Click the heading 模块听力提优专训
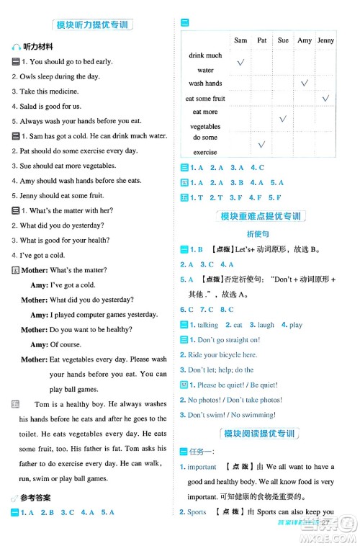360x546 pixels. [x=91, y=24]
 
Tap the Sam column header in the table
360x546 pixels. [x=240, y=40]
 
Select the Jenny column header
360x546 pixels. [x=325, y=40]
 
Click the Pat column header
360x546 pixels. [x=262, y=40]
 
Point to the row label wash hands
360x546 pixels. [x=205, y=84]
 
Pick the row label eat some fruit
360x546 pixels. [x=205, y=98]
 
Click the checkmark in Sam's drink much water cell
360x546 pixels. [x=240, y=63]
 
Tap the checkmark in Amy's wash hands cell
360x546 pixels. [x=305, y=84]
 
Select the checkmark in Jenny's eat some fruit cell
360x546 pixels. [x=325, y=98]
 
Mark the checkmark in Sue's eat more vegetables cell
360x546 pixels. [x=283, y=119]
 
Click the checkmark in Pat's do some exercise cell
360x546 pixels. [x=262, y=145]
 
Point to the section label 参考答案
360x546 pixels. [x=38, y=498]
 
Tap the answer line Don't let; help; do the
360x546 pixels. [x=221, y=370]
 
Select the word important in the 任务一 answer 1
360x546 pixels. [x=202, y=467]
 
